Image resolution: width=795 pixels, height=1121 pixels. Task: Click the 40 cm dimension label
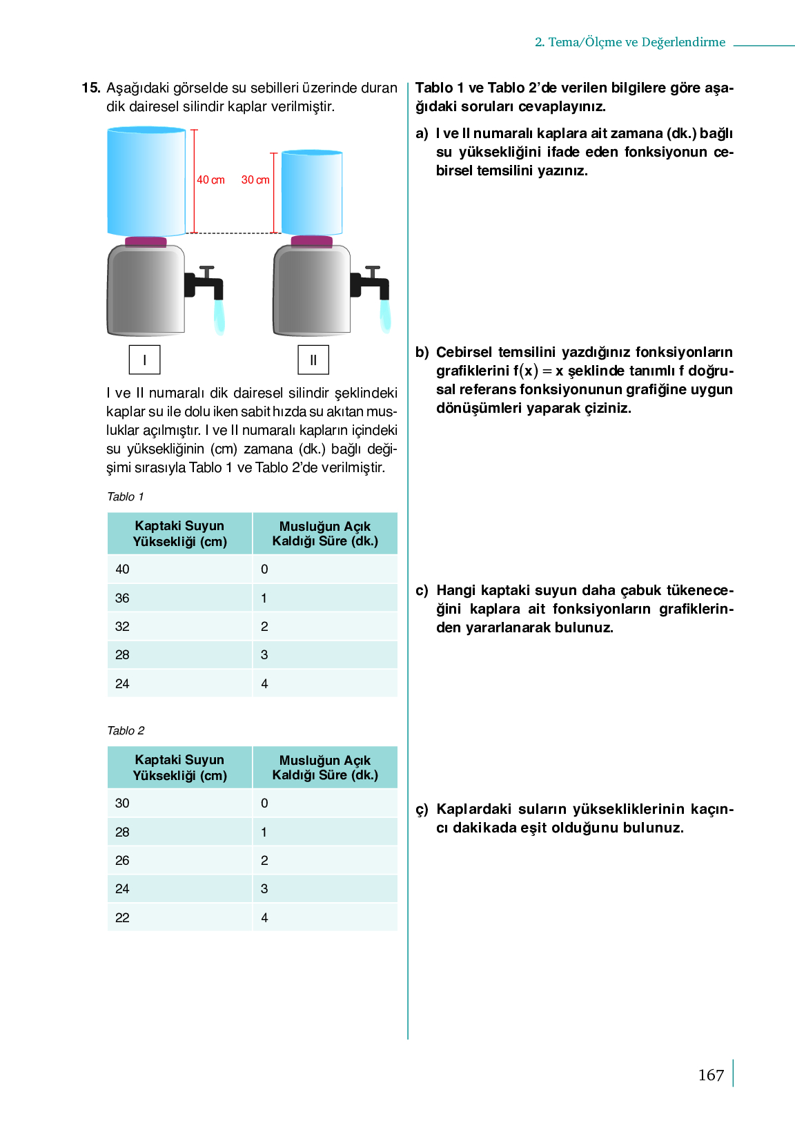(210, 180)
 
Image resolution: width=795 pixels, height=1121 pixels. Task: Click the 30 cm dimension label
(255, 180)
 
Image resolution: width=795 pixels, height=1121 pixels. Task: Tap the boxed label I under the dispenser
(144, 360)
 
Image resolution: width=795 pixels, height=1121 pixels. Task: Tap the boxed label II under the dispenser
(313, 360)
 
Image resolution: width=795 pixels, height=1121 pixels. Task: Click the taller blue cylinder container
(146, 181)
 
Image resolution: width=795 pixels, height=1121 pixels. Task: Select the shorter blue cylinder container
(312, 193)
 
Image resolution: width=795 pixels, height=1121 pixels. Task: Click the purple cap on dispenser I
(146, 242)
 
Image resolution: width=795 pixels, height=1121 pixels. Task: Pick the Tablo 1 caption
(126, 496)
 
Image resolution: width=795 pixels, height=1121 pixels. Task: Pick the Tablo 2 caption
(126, 730)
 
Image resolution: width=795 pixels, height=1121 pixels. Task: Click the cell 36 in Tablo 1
(122, 598)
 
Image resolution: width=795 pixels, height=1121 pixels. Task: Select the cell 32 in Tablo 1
(122, 627)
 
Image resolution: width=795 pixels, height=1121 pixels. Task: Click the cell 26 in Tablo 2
(122, 861)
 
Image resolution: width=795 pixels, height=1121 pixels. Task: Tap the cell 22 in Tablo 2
(122, 917)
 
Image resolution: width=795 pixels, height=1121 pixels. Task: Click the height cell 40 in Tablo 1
(122, 569)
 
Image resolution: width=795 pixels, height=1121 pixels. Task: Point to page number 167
(711, 1075)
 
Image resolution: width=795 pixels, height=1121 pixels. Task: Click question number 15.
(91, 88)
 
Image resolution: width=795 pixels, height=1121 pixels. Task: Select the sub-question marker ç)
(422, 810)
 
